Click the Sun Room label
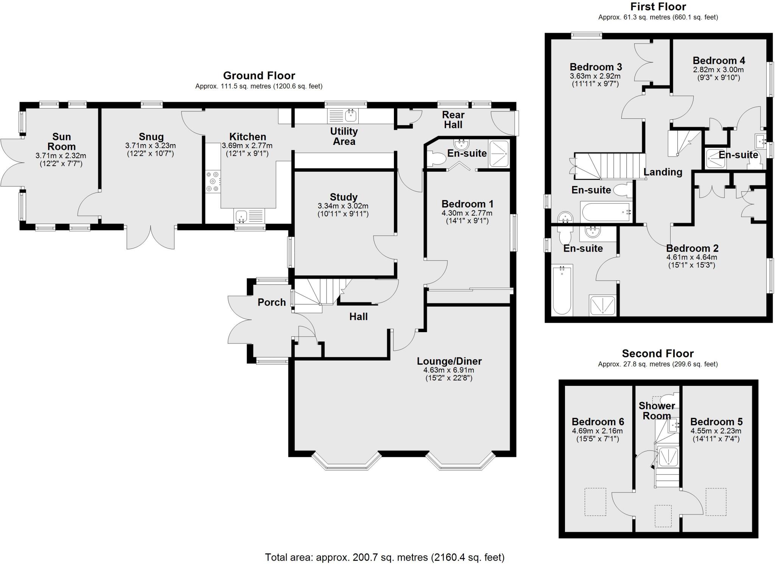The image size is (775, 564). coord(61,141)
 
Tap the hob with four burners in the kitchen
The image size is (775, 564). coord(212,182)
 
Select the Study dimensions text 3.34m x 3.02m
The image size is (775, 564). coord(343,206)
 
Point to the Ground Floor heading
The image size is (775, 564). coord(259,76)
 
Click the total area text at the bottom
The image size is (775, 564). coord(384,557)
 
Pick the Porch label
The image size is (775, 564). coord(271,302)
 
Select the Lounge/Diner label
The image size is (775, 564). coord(449,361)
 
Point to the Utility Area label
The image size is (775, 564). coord(344,136)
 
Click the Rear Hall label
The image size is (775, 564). coord(453,120)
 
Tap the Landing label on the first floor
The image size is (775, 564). coord(663,172)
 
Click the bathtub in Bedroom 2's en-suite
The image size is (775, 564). coord(562,290)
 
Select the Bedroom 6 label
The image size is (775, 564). coord(598,421)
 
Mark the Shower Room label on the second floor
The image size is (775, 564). coord(657,411)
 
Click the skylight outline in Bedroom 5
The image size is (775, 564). coord(716,502)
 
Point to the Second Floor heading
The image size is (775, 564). coord(658,354)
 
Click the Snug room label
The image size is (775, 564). coord(151,137)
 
